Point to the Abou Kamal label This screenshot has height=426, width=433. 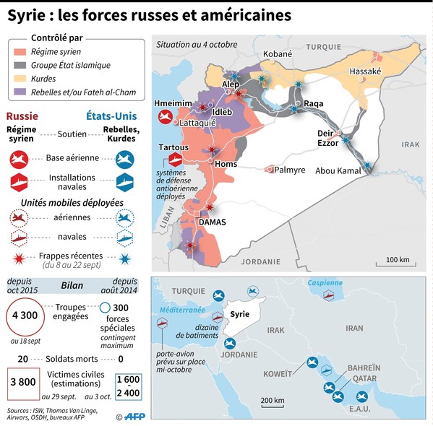click(338, 171)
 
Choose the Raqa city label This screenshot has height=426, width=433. click(313, 103)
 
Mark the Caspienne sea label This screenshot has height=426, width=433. click(325, 283)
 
